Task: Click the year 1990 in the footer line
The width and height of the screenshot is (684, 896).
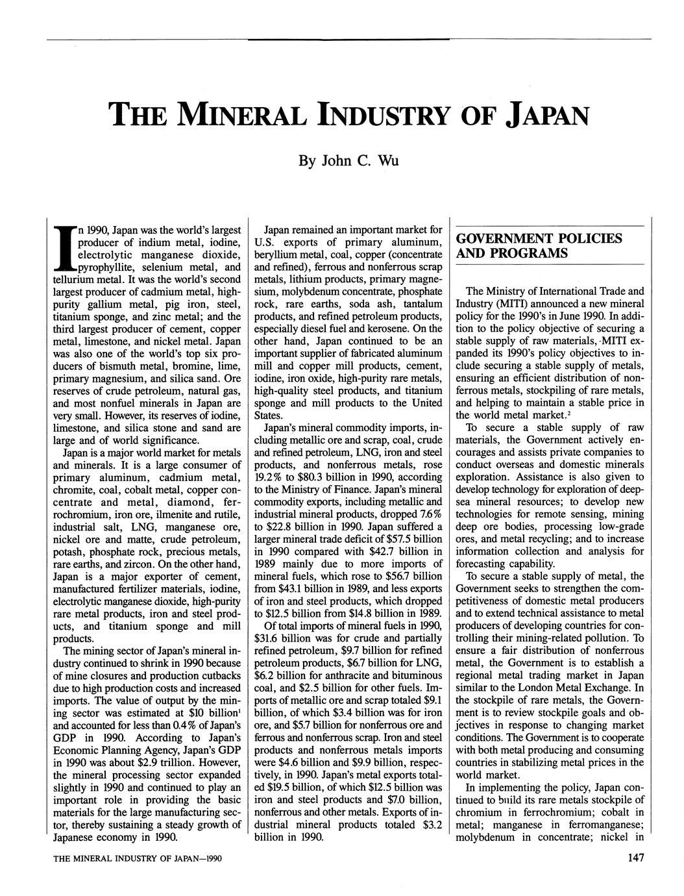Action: [212, 858]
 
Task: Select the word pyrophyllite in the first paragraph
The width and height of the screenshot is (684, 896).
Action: [106, 268]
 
